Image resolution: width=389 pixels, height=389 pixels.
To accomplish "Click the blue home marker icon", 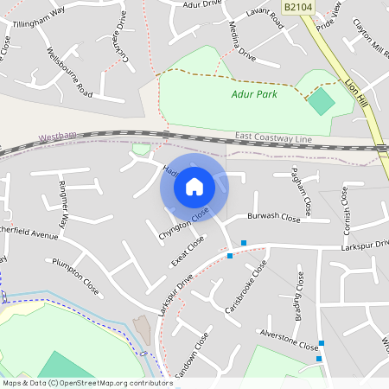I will point(194,186).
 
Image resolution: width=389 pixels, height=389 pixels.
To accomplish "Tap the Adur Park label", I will point(254,94).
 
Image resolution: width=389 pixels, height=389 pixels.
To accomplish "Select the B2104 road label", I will point(321,7).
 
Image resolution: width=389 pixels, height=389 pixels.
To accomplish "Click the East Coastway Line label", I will point(271,137).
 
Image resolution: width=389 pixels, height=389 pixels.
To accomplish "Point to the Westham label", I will point(57,137).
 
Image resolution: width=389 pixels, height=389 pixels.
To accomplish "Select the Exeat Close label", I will point(187,250).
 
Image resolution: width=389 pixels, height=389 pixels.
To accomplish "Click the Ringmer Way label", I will point(63,205).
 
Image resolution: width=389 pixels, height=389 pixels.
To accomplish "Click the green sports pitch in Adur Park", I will point(321,101).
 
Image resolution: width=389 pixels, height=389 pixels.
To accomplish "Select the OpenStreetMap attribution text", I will point(86,383).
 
